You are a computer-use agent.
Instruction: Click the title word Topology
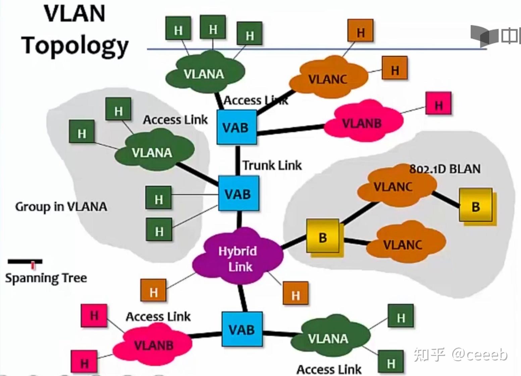click(75, 46)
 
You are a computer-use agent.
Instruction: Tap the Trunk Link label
click(272, 165)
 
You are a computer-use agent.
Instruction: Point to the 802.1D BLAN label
click(445, 169)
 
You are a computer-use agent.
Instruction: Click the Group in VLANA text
click(61, 207)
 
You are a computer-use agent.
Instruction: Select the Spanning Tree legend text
click(46, 278)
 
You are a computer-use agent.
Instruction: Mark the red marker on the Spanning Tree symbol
click(33, 265)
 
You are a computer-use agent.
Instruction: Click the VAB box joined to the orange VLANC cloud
click(236, 127)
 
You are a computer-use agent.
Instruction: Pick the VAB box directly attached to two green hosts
click(238, 194)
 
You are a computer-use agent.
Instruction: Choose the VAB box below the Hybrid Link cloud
click(242, 329)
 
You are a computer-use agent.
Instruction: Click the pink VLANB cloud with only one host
click(362, 123)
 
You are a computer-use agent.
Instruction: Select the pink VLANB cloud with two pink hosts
click(153, 344)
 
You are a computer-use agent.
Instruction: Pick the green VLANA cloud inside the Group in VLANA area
click(153, 152)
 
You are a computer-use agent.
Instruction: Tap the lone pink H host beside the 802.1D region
click(438, 105)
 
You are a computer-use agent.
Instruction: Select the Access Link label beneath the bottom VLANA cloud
click(329, 369)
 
